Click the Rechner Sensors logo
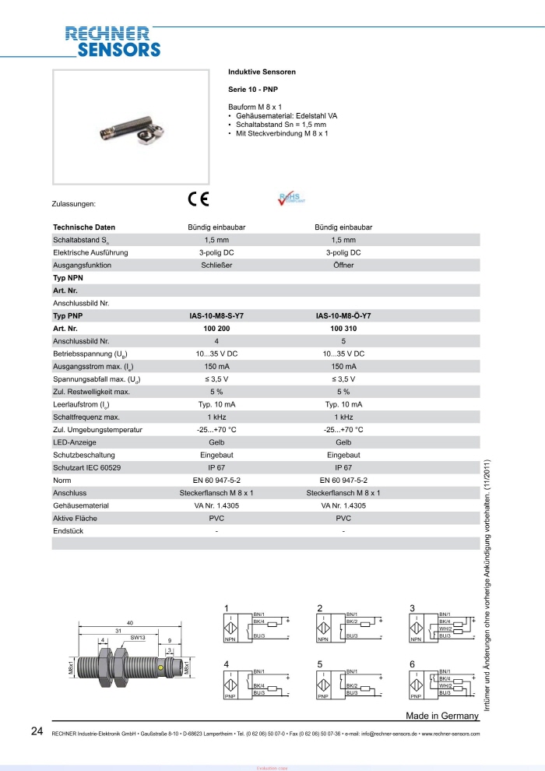coord(113,42)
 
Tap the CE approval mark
coord(199,198)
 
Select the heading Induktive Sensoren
coord(261,71)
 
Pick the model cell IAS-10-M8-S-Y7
coord(216,316)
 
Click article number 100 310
coord(343,329)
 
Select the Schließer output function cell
coord(216,266)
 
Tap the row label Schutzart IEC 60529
coord(86,467)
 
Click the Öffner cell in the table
coord(343,266)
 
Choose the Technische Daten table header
coord(84,227)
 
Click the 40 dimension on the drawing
coord(130,622)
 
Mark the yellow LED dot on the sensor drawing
coord(161,668)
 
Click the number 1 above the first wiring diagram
coord(227,607)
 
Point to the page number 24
coord(37,731)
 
